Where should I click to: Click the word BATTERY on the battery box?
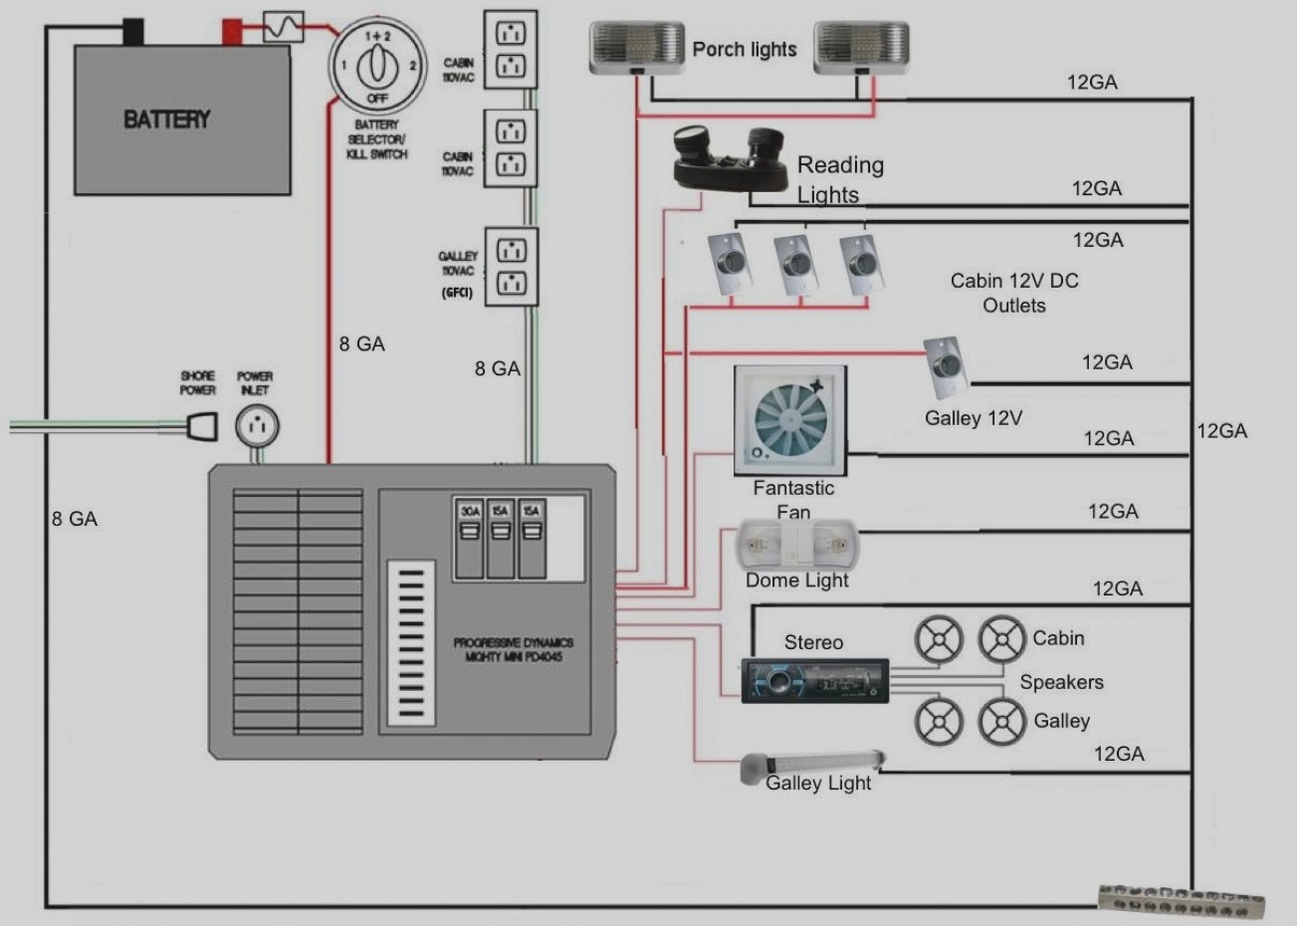click(166, 119)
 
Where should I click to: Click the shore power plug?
click(203, 426)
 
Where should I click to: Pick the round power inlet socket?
click(257, 426)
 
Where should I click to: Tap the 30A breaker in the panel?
click(469, 524)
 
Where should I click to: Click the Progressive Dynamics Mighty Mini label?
click(513, 649)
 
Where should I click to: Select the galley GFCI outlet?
click(511, 267)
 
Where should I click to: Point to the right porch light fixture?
click(861, 49)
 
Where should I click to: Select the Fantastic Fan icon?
click(790, 419)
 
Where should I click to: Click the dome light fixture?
click(797, 546)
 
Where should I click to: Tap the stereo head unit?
click(814, 682)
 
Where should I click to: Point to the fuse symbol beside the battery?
click(283, 27)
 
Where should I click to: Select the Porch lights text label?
click(745, 50)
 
